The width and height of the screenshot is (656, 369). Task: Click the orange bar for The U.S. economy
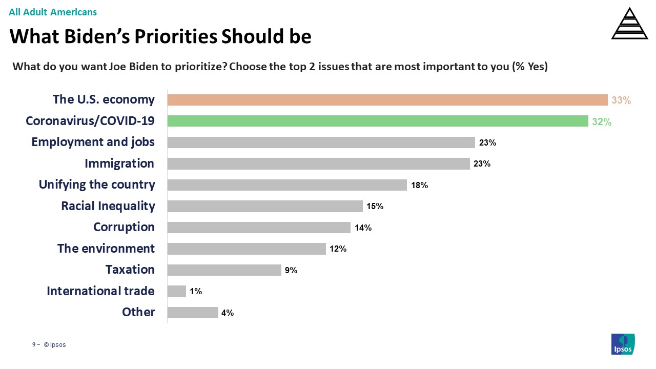387,100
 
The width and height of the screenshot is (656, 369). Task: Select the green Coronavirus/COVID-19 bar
377,121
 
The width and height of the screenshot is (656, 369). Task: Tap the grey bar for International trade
177,291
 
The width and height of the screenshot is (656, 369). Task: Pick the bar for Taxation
224,270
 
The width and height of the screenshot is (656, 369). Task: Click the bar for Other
193,312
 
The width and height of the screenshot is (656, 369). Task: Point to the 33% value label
621,100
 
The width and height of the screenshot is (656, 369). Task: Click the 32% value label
601,121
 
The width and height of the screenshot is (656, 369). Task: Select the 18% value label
419,186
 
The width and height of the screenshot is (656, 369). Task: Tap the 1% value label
196,292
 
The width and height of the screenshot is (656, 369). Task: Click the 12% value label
338,249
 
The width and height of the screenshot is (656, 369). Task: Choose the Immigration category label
119,163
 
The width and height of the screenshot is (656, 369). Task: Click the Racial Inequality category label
108,206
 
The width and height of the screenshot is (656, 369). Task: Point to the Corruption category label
124,227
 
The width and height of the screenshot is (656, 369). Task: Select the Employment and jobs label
93,142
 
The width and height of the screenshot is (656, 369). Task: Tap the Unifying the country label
97,184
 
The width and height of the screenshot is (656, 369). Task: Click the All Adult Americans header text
53,12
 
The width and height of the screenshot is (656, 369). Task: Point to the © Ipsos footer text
55,345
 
